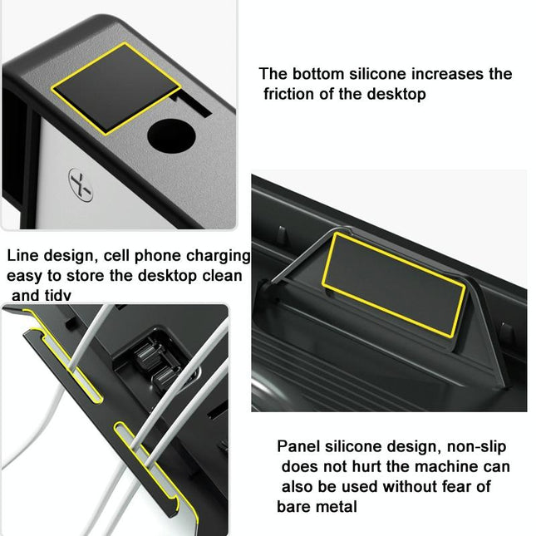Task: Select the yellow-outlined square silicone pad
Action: (116, 86)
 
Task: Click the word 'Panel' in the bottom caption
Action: (298, 446)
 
